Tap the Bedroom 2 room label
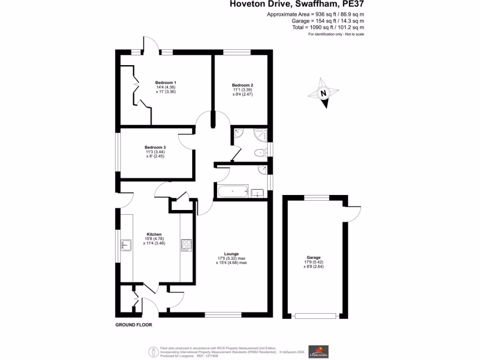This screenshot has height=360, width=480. pyautogui.click(x=242, y=85)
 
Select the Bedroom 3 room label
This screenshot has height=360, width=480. pyautogui.click(x=155, y=147)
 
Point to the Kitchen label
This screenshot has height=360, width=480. pyautogui.click(x=154, y=234)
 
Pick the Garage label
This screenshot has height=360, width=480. pyautogui.click(x=314, y=258)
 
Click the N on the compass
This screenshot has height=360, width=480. pyautogui.click(x=323, y=93)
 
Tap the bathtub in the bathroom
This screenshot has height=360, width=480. pyautogui.click(x=233, y=192)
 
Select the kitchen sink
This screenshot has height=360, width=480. pyautogui.click(x=126, y=245)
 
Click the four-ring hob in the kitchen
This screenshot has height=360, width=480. pyautogui.click(x=186, y=245)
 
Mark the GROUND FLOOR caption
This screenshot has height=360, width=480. pyautogui.click(x=134, y=325)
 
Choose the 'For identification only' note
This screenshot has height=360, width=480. pyautogui.click(x=336, y=34)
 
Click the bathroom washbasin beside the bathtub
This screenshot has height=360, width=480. pyautogui.click(x=258, y=192)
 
